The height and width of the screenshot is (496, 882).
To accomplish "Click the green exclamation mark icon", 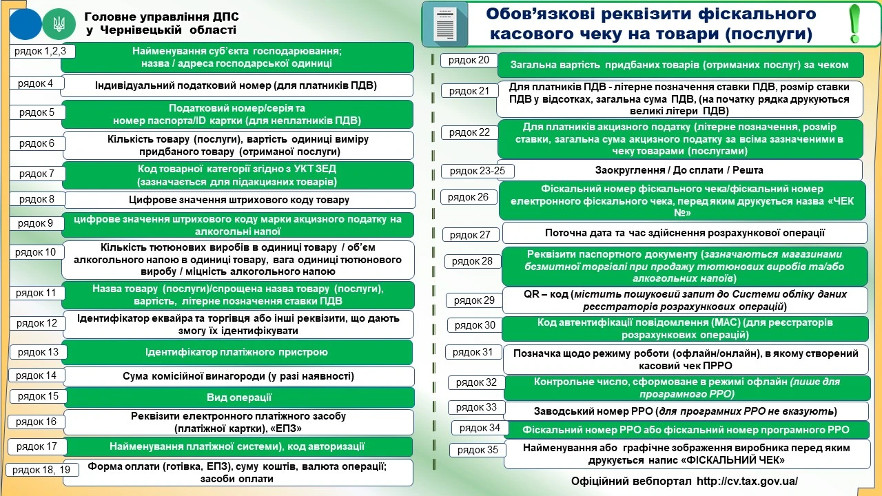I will (855, 23).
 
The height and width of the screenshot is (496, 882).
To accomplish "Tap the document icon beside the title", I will (444, 24).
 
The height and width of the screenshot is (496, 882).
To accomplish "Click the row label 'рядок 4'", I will (36, 83).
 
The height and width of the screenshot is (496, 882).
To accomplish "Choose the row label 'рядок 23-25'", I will (477, 171).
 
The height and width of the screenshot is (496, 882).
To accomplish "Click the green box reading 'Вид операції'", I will (239, 397).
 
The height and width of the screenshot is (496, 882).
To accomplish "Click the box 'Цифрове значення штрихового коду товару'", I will (239, 200).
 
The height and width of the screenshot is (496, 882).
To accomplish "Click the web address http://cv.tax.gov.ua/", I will (747, 481).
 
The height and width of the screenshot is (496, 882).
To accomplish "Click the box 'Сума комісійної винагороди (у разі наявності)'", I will (238, 376).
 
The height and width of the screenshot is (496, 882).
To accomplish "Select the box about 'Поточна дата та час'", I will (684, 233).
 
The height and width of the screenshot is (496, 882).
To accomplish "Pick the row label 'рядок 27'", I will (470, 235).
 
